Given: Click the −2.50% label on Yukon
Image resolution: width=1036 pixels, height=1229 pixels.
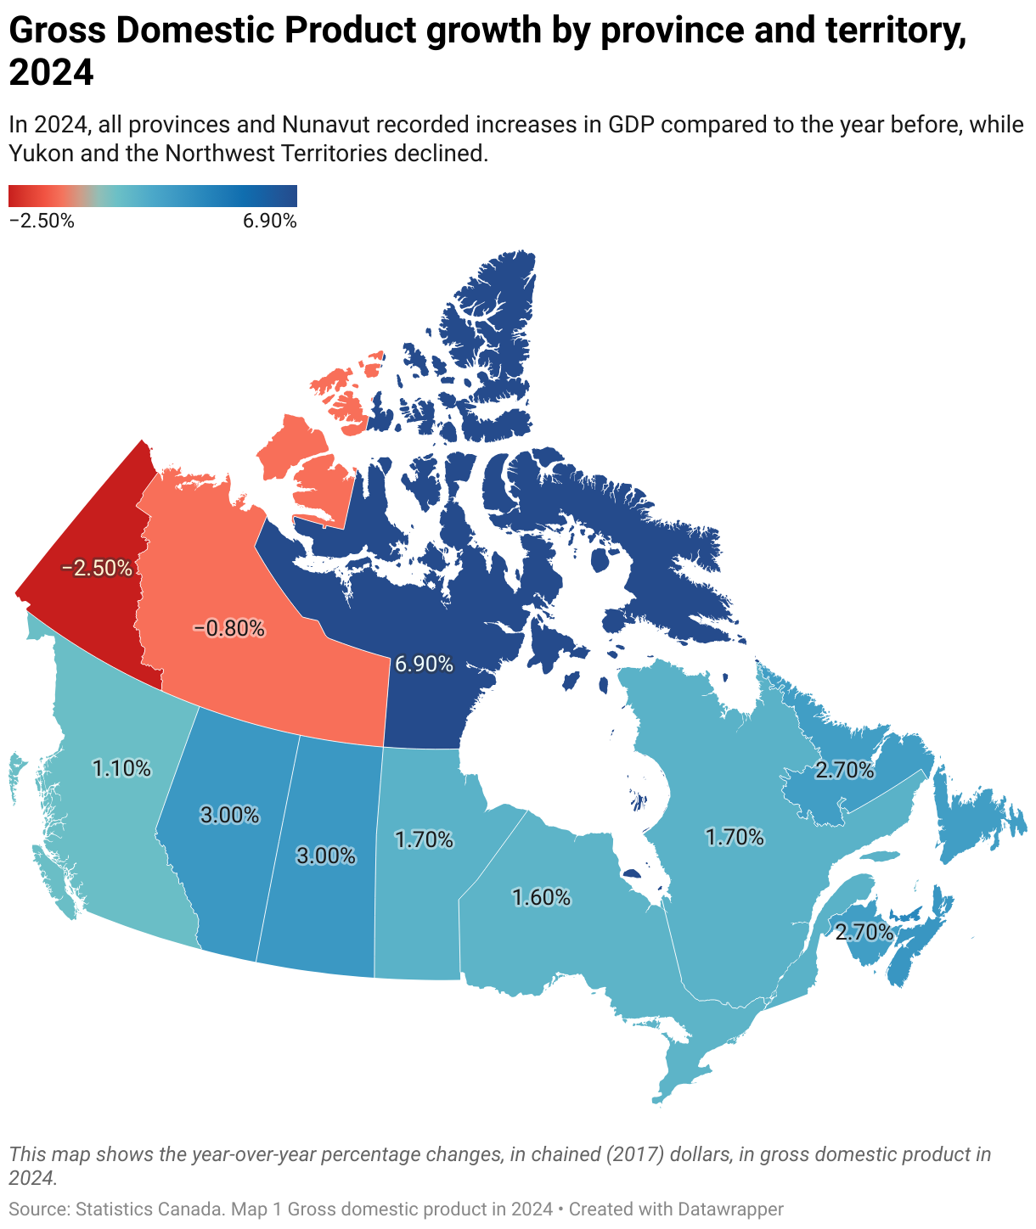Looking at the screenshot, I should (97, 568).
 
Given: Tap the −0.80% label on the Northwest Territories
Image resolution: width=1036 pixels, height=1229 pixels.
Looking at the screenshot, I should (229, 629).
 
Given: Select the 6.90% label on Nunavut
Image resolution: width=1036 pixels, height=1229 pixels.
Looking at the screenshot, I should (424, 664).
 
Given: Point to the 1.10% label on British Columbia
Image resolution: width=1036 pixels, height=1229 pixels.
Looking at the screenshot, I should (121, 768).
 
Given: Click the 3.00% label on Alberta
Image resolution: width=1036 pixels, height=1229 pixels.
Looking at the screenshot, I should (229, 815).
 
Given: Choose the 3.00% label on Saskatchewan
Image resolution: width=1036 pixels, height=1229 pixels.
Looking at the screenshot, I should (325, 856).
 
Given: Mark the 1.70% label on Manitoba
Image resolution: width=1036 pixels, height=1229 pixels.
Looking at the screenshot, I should (424, 839).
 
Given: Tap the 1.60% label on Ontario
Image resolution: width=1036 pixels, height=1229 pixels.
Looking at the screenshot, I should (541, 897).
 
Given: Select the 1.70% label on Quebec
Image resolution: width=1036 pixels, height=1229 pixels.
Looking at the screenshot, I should (735, 838).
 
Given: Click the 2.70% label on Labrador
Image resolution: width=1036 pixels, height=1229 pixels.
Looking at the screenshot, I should (844, 770).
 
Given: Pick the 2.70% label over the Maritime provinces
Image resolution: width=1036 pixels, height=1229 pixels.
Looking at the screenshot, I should (864, 932).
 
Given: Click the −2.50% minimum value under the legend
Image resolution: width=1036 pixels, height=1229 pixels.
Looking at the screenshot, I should (42, 222).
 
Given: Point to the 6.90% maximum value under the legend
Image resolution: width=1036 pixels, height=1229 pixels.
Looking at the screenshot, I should (269, 222).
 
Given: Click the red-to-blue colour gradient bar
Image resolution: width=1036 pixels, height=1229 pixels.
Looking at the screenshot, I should (153, 196).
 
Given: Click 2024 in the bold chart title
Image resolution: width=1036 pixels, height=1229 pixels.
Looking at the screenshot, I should (51, 73).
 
